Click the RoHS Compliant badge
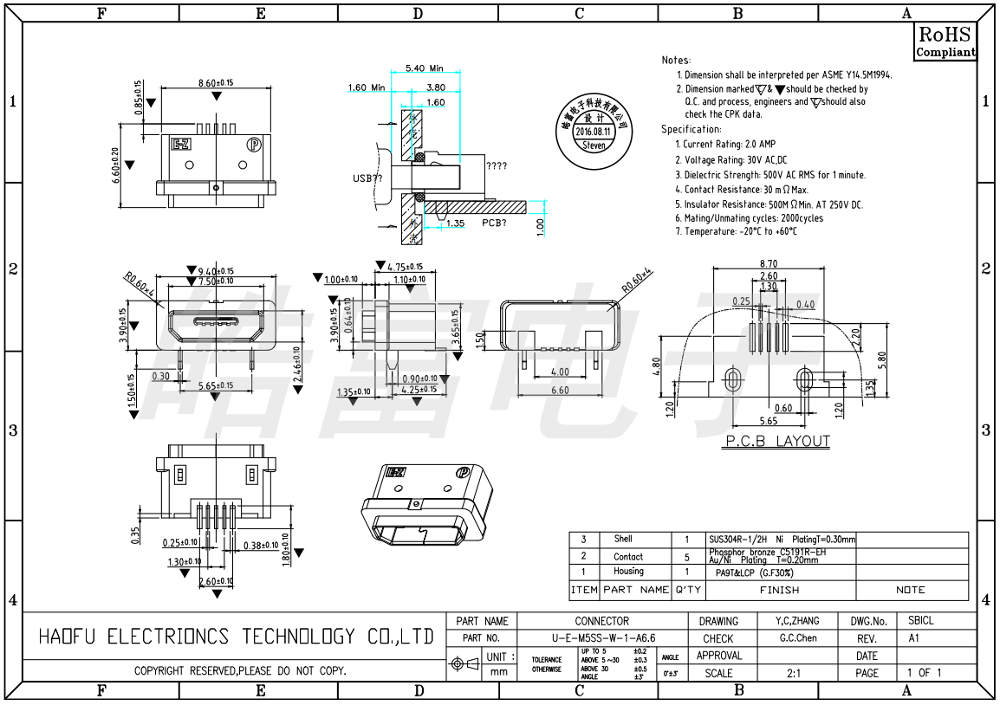pos(945,42)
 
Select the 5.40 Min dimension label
pos(424,68)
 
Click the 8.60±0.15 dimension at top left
pos(216,82)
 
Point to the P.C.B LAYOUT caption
pos(777,442)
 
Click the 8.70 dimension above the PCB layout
pos(768,263)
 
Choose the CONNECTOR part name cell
pos(602,621)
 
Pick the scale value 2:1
pos(794,673)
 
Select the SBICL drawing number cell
pos(921,621)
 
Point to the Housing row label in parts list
pos(628,572)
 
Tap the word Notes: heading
pos(676,61)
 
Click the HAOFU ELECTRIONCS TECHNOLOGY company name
pos(236,637)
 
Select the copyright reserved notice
pos(240,671)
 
